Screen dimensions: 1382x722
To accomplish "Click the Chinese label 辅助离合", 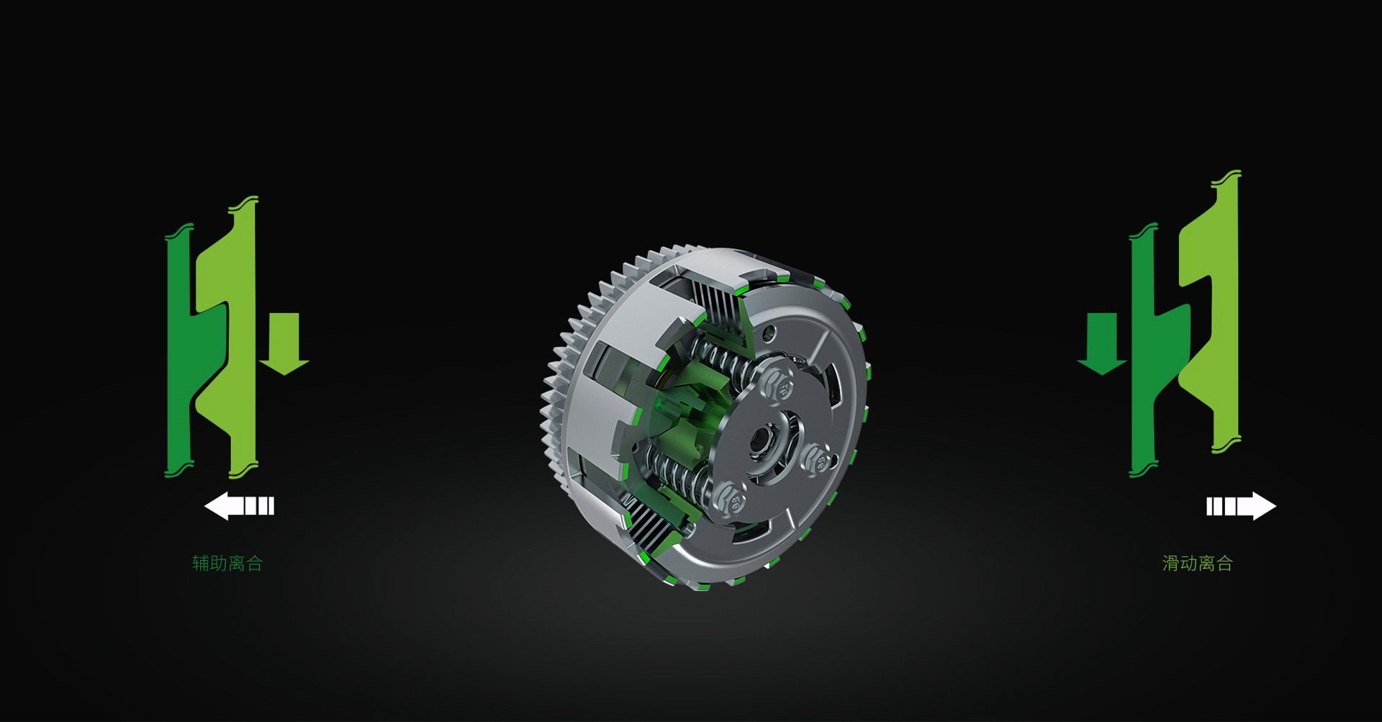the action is coord(227,563).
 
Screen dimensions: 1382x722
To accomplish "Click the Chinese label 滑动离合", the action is coord(1198,563).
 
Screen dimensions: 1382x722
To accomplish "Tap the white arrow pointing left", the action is coord(240,506).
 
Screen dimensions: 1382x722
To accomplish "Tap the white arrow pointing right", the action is coord(1242,506).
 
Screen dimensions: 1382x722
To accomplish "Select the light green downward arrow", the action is coord(284,344).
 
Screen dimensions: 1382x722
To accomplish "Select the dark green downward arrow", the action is coord(1102,344).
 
